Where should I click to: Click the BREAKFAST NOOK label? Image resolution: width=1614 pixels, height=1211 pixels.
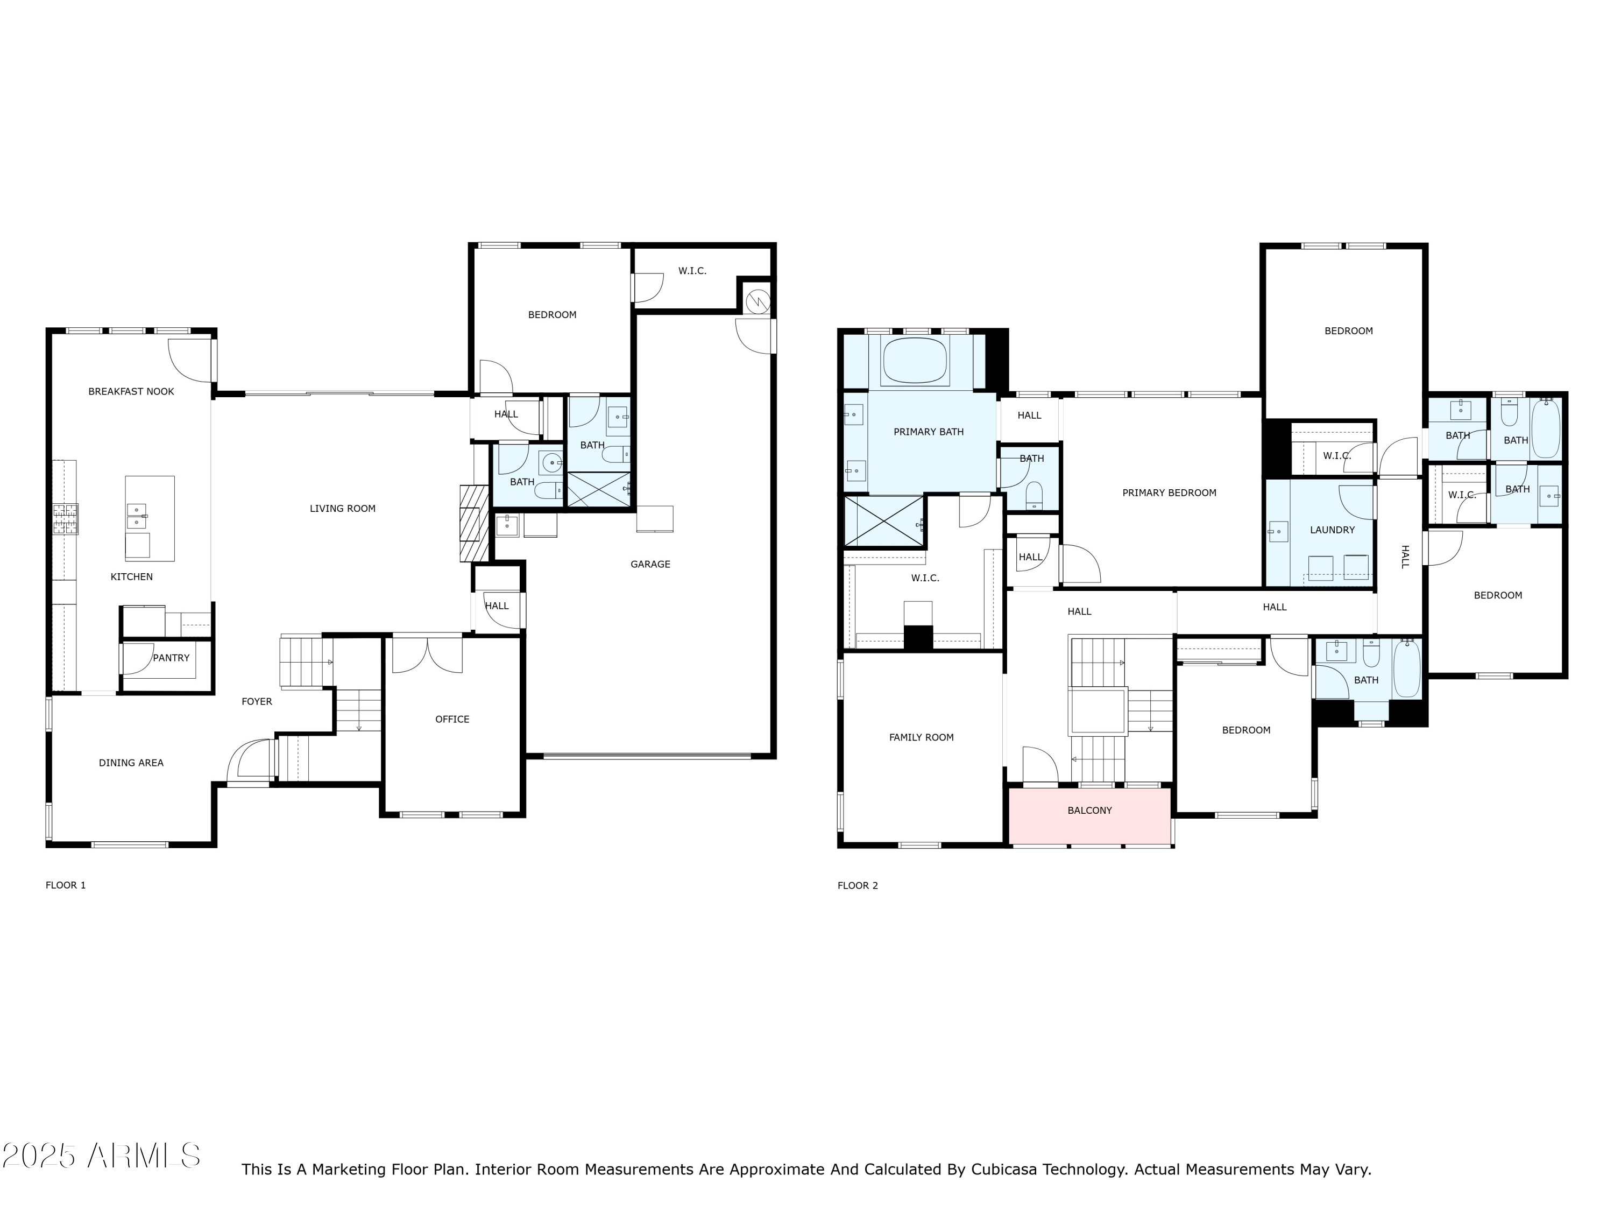click(x=131, y=391)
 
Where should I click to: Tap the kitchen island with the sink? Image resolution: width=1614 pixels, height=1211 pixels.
click(x=150, y=518)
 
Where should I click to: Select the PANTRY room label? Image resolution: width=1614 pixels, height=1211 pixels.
click(x=171, y=658)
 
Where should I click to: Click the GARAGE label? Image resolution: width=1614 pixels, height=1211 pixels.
click(x=650, y=564)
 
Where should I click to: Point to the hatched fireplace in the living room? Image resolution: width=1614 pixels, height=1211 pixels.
click(x=473, y=523)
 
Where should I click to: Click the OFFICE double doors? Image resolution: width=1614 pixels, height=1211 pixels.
click(x=427, y=654)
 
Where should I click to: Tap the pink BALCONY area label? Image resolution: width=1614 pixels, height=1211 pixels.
click(x=1089, y=810)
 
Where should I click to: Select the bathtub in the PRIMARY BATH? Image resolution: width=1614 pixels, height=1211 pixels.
click(x=915, y=361)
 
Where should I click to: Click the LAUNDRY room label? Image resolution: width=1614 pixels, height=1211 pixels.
click(x=1332, y=530)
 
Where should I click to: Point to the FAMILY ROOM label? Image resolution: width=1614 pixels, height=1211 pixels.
click(x=921, y=737)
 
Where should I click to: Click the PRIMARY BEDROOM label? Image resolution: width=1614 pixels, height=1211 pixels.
click(x=1169, y=492)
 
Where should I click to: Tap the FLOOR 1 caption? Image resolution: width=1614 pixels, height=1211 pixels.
click(x=66, y=885)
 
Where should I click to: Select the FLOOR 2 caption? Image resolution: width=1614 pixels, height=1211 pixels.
click(x=858, y=885)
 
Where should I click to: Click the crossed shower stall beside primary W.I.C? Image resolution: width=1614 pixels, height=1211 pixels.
click(x=883, y=521)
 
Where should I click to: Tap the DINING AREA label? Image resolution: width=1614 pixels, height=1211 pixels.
click(x=131, y=763)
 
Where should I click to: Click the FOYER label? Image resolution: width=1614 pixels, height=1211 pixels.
click(x=257, y=701)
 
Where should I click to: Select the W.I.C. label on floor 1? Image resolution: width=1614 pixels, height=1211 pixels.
click(x=692, y=271)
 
